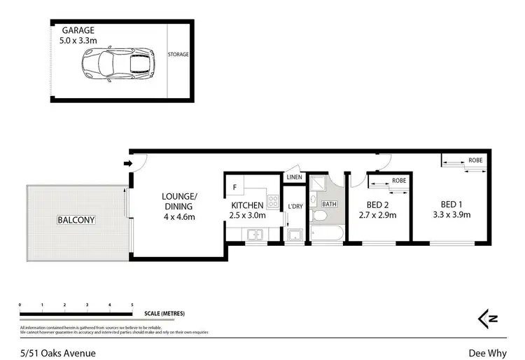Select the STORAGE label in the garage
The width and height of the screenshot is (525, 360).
coord(178,54)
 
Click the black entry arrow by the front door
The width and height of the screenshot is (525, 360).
coord(127,164)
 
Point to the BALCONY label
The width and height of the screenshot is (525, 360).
coord(76,220)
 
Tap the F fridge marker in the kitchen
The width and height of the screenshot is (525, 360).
coord(234,187)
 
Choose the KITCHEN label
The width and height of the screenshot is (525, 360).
coord(247,205)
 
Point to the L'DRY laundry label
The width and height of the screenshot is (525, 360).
coord(295,206)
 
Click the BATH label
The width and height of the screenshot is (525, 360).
coord(329,205)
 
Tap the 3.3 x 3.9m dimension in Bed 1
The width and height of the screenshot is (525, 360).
coord(451,215)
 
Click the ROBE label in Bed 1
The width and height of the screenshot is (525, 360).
coord(476,160)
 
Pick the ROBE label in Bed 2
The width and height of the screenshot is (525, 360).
coord(399,181)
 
